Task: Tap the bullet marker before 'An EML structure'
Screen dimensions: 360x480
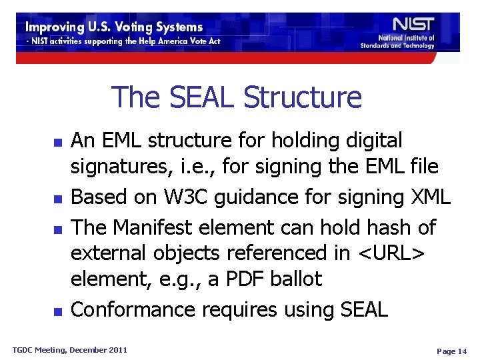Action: point(58,143)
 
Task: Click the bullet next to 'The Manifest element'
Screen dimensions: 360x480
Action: point(58,229)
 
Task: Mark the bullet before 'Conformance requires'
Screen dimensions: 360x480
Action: point(58,311)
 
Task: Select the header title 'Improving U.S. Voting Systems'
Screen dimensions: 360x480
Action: point(114,27)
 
